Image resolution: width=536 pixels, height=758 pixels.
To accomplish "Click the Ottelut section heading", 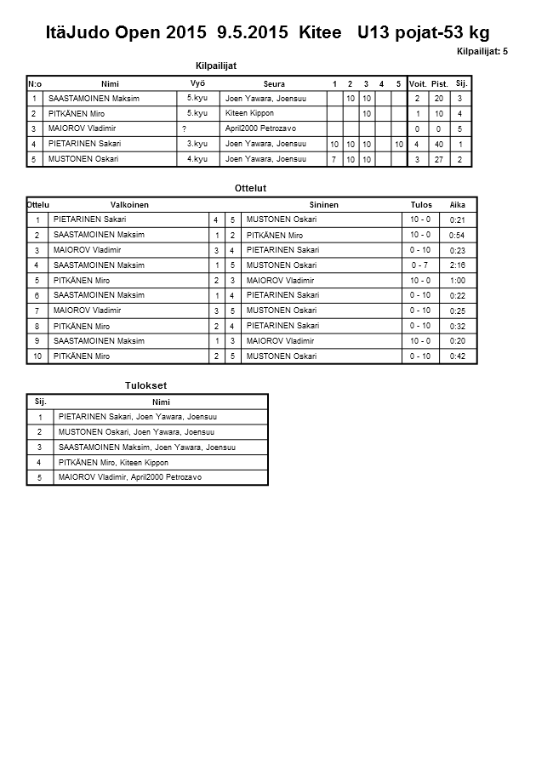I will pyautogui.click(x=250, y=188).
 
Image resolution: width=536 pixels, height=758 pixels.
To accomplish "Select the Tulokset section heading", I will pyautogui.click(x=145, y=385).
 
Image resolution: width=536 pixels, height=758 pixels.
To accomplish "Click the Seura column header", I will pyautogui.click(x=274, y=83).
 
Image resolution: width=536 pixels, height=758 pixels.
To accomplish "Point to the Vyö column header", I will pyautogui.click(x=197, y=83).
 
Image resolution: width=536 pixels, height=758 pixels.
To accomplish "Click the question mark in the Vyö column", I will pyautogui.click(x=185, y=128).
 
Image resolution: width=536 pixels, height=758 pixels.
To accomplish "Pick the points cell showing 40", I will pyautogui.click(x=439, y=144).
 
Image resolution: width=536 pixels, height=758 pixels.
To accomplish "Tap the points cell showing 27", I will pyautogui.click(x=439, y=159).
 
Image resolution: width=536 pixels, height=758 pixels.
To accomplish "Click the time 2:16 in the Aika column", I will pyautogui.click(x=457, y=265).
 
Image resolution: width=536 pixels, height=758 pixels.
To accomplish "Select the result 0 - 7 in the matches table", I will pyautogui.click(x=419, y=265).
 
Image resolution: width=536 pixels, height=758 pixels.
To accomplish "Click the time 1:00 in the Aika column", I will pyautogui.click(x=457, y=281).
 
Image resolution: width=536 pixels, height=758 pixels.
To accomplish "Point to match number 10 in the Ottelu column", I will pyautogui.click(x=37, y=356).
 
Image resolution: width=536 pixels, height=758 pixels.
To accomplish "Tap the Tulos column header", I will pyautogui.click(x=421, y=205).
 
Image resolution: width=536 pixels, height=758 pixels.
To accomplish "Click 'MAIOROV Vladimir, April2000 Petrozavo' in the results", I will pyautogui.click(x=130, y=477).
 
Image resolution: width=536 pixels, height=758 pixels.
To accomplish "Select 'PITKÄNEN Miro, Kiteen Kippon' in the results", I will pyautogui.click(x=113, y=462).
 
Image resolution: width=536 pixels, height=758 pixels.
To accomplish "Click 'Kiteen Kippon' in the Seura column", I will pyautogui.click(x=249, y=113).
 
